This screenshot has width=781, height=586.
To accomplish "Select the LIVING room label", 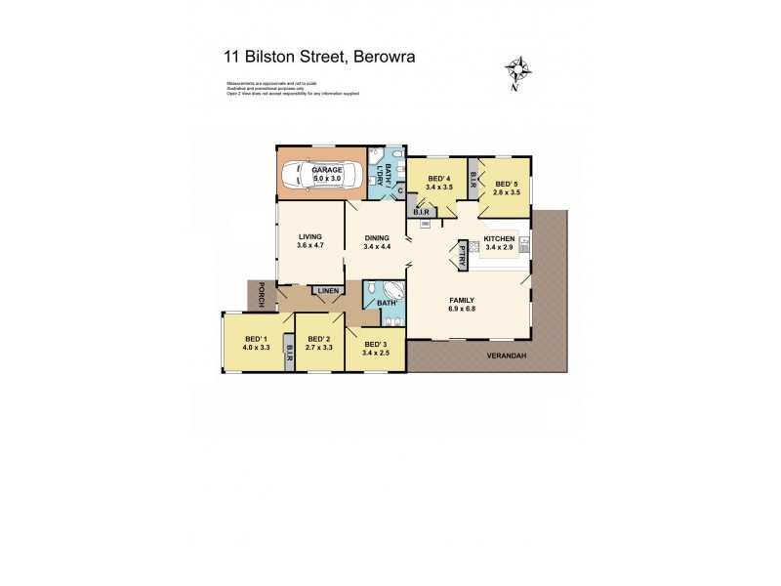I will click(x=310, y=236).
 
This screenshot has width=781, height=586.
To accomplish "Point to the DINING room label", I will click(x=377, y=236).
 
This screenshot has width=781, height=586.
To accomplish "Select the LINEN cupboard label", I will click(x=328, y=290).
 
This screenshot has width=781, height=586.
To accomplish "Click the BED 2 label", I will click(x=317, y=339).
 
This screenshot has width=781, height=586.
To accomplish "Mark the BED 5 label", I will click(x=506, y=185).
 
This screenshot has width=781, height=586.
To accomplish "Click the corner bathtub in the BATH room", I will click(x=393, y=290).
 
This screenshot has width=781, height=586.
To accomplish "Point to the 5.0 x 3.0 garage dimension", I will click(x=327, y=179).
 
